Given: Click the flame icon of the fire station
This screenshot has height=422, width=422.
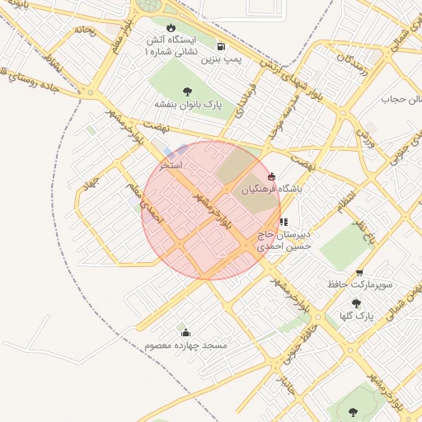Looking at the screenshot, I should (171, 27).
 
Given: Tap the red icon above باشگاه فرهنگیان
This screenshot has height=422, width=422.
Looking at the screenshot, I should (272, 175).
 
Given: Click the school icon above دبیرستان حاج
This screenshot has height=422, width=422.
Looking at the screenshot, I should (284, 221).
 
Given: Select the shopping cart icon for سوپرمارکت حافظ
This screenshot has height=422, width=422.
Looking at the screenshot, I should (359, 273).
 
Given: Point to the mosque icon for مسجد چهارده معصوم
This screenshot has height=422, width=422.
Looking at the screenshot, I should (185, 333).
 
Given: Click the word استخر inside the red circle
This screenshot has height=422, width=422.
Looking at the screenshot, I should (171, 166).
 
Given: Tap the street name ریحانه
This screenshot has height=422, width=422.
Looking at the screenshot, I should (85, 30).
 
